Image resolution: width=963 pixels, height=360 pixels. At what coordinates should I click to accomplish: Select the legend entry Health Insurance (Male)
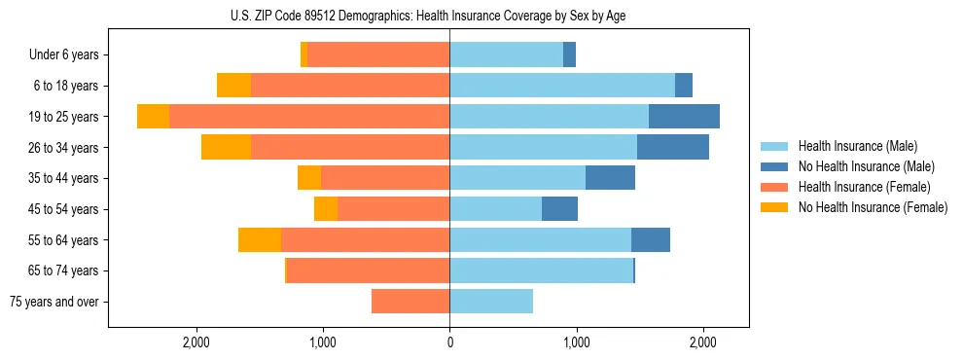pos(857,146)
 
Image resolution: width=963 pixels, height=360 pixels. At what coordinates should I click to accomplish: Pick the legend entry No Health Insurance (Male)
pos(866,166)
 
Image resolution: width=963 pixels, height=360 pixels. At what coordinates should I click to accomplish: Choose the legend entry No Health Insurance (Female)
pos(873,207)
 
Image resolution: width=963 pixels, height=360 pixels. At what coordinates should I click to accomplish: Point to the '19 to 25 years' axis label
pos(63,117)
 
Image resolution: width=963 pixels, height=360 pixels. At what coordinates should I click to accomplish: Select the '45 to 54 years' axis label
pos(63,209)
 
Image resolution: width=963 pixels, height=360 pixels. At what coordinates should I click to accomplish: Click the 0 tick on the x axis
pos(449,342)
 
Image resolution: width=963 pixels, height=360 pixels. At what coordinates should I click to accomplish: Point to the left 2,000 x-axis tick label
pos(197,342)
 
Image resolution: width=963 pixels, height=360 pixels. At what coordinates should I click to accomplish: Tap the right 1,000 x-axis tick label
pos(576,342)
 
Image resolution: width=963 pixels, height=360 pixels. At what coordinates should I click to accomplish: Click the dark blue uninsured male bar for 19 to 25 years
pos(684,116)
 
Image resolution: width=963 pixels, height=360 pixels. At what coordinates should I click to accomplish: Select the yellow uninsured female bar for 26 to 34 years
pos(226,147)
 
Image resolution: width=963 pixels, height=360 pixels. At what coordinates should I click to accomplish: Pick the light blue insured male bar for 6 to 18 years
pos(562,86)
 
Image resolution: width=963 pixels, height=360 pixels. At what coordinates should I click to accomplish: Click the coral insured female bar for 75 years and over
pos(410,302)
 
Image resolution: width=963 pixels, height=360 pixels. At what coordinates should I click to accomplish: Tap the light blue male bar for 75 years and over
pos(491,302)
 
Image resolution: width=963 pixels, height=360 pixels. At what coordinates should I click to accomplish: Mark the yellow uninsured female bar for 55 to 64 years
pos(260,239)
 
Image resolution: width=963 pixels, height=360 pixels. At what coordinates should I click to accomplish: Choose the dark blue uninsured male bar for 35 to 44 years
pos(610,178)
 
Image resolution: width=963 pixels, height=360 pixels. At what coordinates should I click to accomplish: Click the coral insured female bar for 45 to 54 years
pos(393,209)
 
